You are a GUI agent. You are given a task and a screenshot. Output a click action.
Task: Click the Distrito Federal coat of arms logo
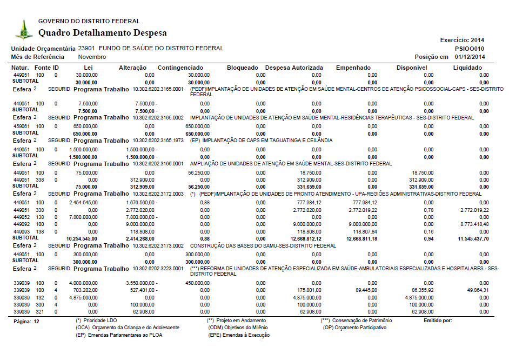coord(23,29)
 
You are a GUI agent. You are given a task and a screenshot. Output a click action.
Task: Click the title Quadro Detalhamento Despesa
coord(103,33)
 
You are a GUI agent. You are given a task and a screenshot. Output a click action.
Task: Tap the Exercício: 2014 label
coord(463,40)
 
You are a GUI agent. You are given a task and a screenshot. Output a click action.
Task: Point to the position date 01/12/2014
coord(470,57)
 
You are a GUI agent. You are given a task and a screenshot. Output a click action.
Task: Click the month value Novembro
coord(92,57)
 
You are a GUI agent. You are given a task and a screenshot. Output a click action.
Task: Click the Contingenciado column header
coord(180,68)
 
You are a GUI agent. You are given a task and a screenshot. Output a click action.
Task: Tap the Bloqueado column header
coord(243,68)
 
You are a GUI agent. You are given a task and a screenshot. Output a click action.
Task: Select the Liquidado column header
coord(467,68)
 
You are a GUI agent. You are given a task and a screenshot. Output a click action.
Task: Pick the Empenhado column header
coord(353,68)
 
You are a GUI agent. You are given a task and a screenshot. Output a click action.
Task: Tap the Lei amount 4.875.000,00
coord(84,297)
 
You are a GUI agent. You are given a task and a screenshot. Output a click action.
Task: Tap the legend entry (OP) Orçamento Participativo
coord(356,328)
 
